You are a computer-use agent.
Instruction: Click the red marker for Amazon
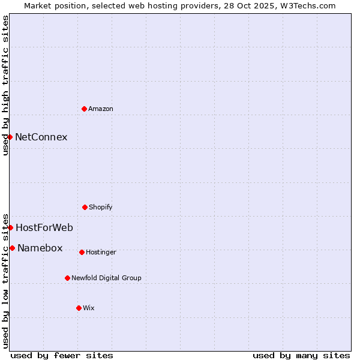coord(84,109)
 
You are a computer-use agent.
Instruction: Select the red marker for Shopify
coord(85,207)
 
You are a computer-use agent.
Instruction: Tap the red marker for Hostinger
coord(82,252)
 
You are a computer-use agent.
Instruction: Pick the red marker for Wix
coord(79,308)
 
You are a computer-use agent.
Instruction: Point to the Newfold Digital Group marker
coord(67,278)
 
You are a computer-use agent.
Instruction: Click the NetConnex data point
coord(10,137)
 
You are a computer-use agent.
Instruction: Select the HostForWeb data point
coord(10,227)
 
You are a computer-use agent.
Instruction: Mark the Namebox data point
coord(12,248)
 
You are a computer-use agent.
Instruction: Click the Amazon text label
coord(101,109)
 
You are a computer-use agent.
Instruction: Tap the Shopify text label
coord(101,207)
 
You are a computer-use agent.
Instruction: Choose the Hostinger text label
coord(101,252)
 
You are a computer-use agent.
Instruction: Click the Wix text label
coord(89,308)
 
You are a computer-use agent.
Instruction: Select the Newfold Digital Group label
coord(106,278)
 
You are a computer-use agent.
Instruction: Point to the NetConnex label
coord(41,137)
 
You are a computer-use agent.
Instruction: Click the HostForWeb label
coord(44,227)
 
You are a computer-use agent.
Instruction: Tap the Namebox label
coord(40,248)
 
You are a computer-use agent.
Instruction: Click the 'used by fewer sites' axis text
coord(62,355)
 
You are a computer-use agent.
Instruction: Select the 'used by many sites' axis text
coord(301,355)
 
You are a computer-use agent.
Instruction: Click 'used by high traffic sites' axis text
coord(5,85)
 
